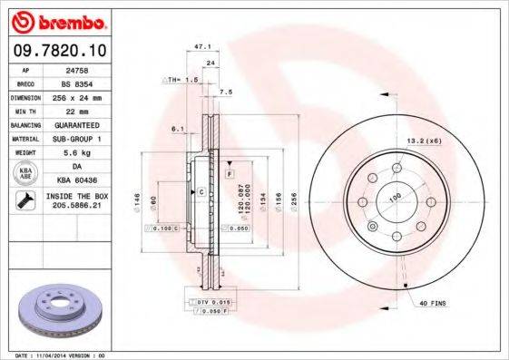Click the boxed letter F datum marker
click(x=230, y=172)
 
